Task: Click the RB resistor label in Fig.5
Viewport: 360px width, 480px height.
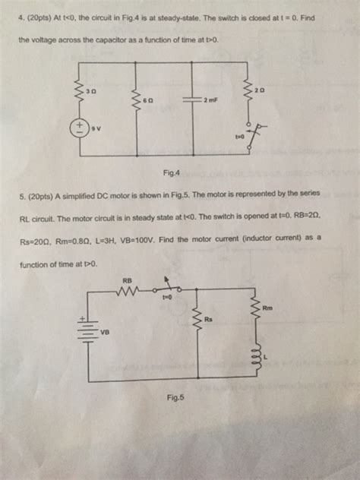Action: pyautogui.click(x=127, y=280)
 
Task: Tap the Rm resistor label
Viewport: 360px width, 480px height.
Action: pyautogui.click(x=267, y=308)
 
